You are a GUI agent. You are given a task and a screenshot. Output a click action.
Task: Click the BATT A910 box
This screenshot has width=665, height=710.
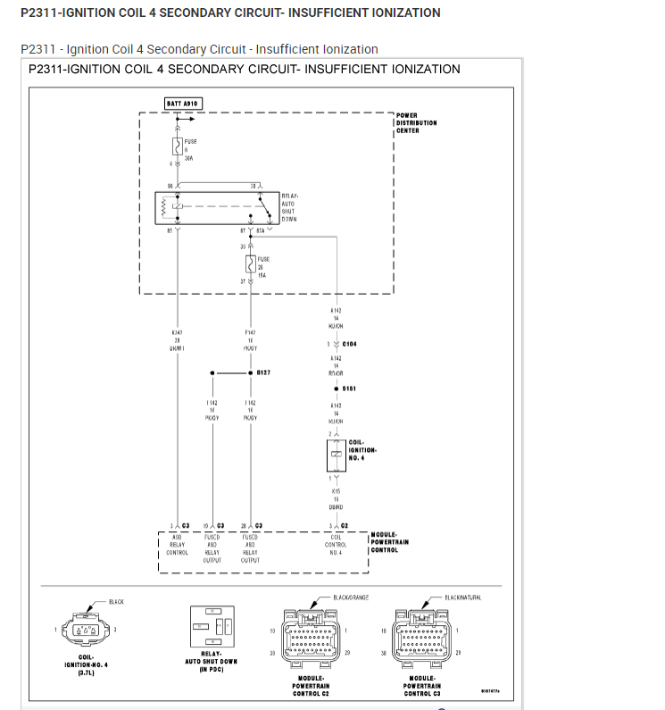pos(183,104)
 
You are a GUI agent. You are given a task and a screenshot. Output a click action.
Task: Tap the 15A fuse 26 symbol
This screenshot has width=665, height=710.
pos(251,263)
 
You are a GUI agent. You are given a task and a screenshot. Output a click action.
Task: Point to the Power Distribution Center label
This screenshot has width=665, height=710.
pos(416,123)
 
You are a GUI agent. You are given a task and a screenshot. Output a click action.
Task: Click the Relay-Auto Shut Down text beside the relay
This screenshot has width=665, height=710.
pos(289,207)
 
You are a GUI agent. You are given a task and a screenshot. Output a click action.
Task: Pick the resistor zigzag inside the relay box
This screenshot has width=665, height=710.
pos(163,207)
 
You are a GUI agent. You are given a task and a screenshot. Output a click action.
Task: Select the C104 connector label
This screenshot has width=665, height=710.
pos(349,344)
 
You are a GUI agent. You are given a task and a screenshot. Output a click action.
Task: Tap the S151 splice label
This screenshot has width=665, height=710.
pos(349,388)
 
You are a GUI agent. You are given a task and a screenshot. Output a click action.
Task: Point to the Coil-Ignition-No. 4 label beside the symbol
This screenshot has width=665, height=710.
pos(362,450)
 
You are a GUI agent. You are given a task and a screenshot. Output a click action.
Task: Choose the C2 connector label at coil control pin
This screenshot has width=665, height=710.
pos(344,525)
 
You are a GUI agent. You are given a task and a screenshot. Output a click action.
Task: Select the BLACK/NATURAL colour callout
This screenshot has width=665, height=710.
pos(462,597)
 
